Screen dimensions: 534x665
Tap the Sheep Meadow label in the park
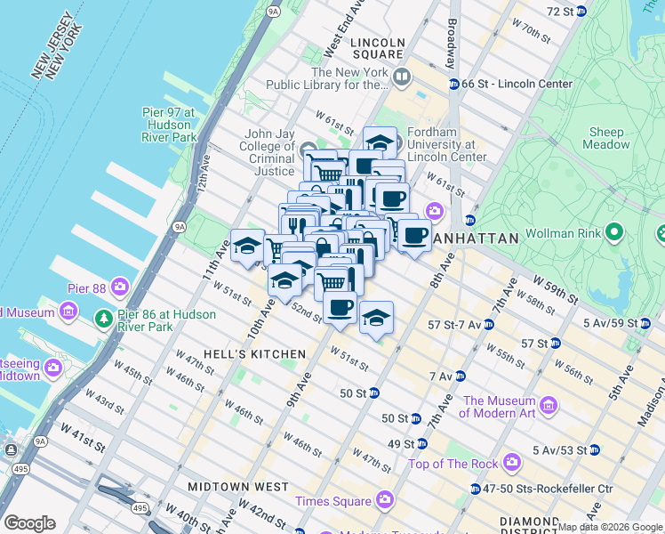pos(607,138)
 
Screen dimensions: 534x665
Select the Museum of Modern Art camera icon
pos(549,407)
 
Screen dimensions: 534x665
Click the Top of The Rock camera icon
pos(511,463)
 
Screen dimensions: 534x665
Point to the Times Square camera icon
pos(384,500)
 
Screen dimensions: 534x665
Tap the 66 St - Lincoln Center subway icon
pos(453,84)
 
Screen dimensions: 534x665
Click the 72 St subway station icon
pos(581,11)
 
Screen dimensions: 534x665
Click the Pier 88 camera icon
pos(119,288)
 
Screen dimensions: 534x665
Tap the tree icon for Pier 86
pos(104,319)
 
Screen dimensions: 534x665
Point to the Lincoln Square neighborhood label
pos(377,49)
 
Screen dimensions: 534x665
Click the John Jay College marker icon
pos(308,147)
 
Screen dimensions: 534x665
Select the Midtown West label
pos(237,487)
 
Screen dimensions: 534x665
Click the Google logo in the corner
pos(29,522)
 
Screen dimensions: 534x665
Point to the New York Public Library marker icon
pos(401,78)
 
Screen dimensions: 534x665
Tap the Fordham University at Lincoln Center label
pos(446,145)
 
